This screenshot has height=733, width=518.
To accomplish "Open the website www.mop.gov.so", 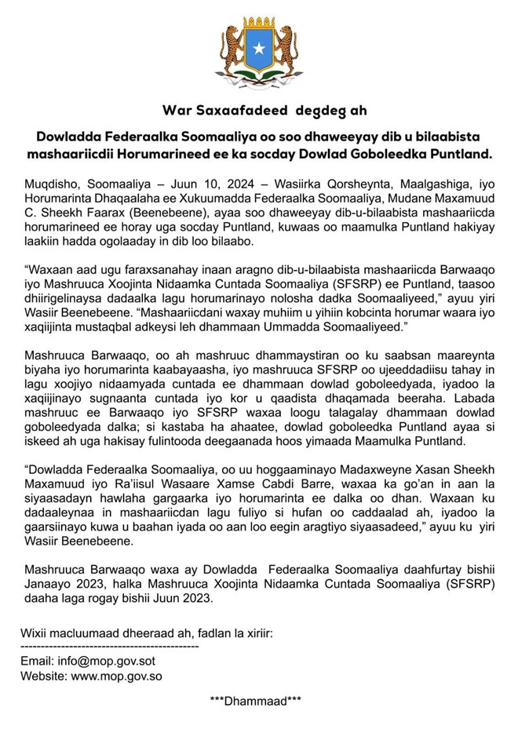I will coord(119,674).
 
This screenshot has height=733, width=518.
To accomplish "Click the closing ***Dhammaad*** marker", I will coord(256,701).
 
